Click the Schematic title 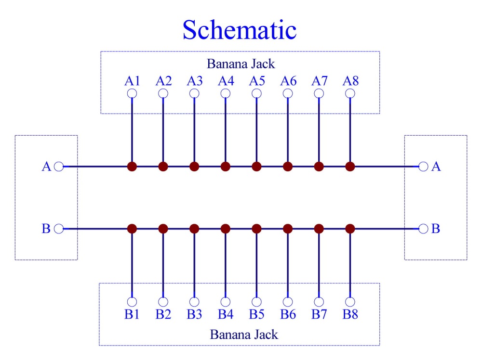240,30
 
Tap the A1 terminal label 132,81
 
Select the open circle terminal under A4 225,93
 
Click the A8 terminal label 350,81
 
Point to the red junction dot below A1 132,167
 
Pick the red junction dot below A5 256,167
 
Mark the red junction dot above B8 350,229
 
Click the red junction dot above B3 194,229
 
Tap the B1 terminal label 132,314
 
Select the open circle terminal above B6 288,302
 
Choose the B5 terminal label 257,314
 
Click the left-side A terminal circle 59,167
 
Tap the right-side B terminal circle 423,229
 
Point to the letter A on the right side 436,167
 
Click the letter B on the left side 46,229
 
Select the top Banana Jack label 241,64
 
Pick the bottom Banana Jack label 244,335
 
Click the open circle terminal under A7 319,93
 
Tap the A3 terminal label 195,81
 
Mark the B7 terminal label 319,314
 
